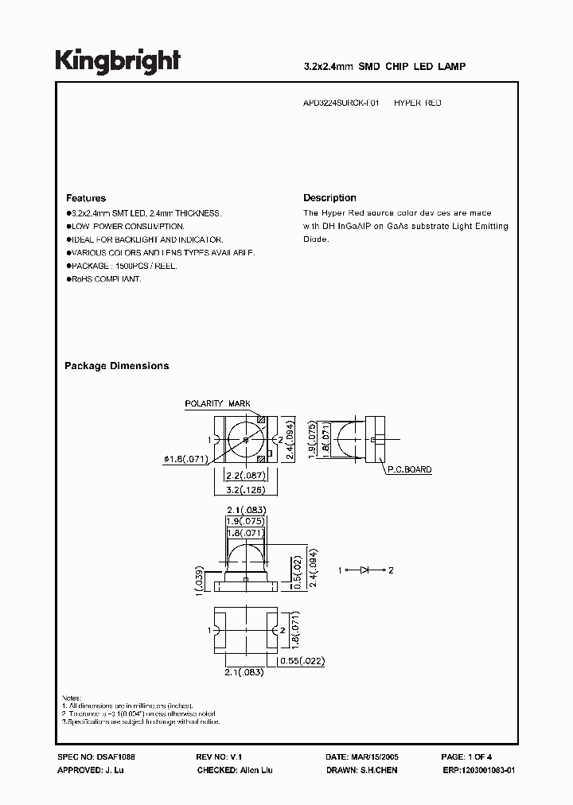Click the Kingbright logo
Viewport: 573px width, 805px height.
click(x=118, y=60)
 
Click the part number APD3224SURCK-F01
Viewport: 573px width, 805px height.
click(x=342, y=103)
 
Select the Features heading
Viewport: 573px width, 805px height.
click(x=86, y=198)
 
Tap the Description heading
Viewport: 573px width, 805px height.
click(x=329, y=198)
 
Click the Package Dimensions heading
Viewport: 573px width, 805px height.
click(x=116, y=366)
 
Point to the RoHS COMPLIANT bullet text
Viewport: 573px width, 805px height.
click(x=105, y=279)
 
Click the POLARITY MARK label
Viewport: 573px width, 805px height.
click(x=217, y=404)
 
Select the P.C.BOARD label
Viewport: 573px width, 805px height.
click(x=409, y=470)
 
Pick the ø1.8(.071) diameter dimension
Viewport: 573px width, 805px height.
click(x=186, y=457)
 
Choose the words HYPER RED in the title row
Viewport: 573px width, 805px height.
click(x=418, y=103)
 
